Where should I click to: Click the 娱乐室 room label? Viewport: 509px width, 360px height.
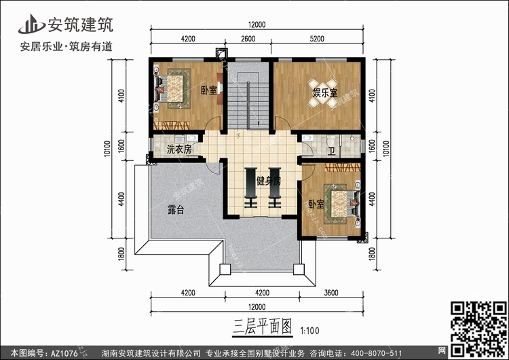pyautogui.click(x=325, y=93)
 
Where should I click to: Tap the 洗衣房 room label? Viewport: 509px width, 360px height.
pyautogui.click(x=179, y=149)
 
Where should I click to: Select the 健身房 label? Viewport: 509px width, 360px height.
pyautogui.click(x=269, y=181)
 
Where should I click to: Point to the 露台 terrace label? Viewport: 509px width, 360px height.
pyautogui.click(x=176, y=210)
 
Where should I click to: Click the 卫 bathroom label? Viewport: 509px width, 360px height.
pyautogui.click(x=331, y=151)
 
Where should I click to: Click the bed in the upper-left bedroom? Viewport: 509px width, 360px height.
pyautogui.click(x=172, y=88)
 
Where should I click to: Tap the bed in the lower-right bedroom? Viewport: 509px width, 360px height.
pyautogui.click(x=341, y=204)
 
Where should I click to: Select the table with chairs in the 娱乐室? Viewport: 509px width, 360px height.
pyautogui.click(x=322, y=92)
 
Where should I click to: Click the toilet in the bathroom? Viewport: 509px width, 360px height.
pyautogui.click(x=331, y=141)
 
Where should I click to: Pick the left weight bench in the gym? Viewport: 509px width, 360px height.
pyautogui.click(x=250, y=187)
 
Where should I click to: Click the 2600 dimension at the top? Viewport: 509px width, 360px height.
pyautogui.click(x=248, y=39)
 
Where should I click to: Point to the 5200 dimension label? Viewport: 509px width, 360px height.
pyautogui.click(x=317, y=39)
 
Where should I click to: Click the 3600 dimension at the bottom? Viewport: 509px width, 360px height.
pyautogui.click(x=331, y=293)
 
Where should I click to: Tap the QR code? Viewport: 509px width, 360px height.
pyautogui.click(x=479, y=329)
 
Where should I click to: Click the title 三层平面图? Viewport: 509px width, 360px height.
pyautogui.click(x=262, y=326)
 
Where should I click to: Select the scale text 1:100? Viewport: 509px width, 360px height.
pyautogui.click(x=309, y=331)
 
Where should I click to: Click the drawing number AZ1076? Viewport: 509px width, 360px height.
pyautogui.click(x=64, y=353)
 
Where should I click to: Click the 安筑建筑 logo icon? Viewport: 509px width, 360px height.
pyautogui.click(x=31, y=24)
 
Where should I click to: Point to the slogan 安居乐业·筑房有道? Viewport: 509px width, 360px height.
pyautogui.click(x=67, y=46)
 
